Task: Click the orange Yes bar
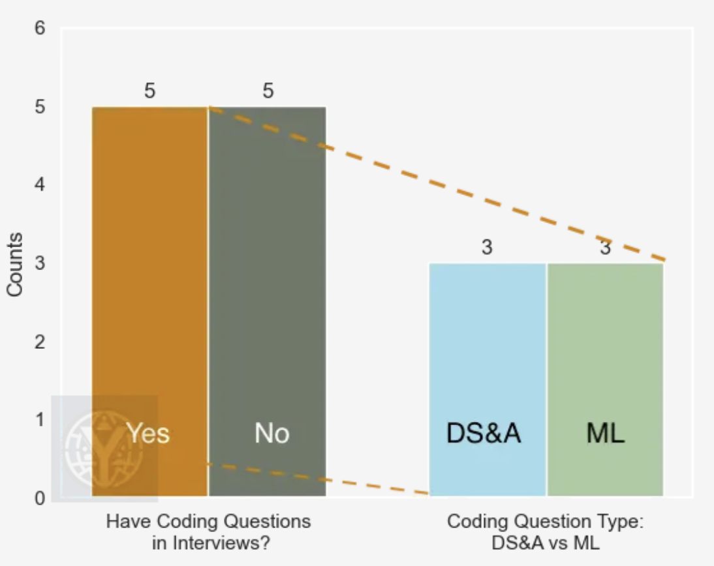149,261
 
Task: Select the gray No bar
267,261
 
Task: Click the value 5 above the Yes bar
149,91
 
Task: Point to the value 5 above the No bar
268,91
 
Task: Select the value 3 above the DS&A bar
487,248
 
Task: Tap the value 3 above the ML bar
605,248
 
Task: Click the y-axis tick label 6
39,29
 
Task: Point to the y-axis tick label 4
39,186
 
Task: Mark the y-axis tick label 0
39,499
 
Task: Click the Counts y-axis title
15,264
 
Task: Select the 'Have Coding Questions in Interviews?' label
208,532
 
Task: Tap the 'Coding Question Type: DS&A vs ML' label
546,532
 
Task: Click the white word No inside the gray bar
272,433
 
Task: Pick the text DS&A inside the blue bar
484,433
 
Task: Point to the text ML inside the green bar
605,433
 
